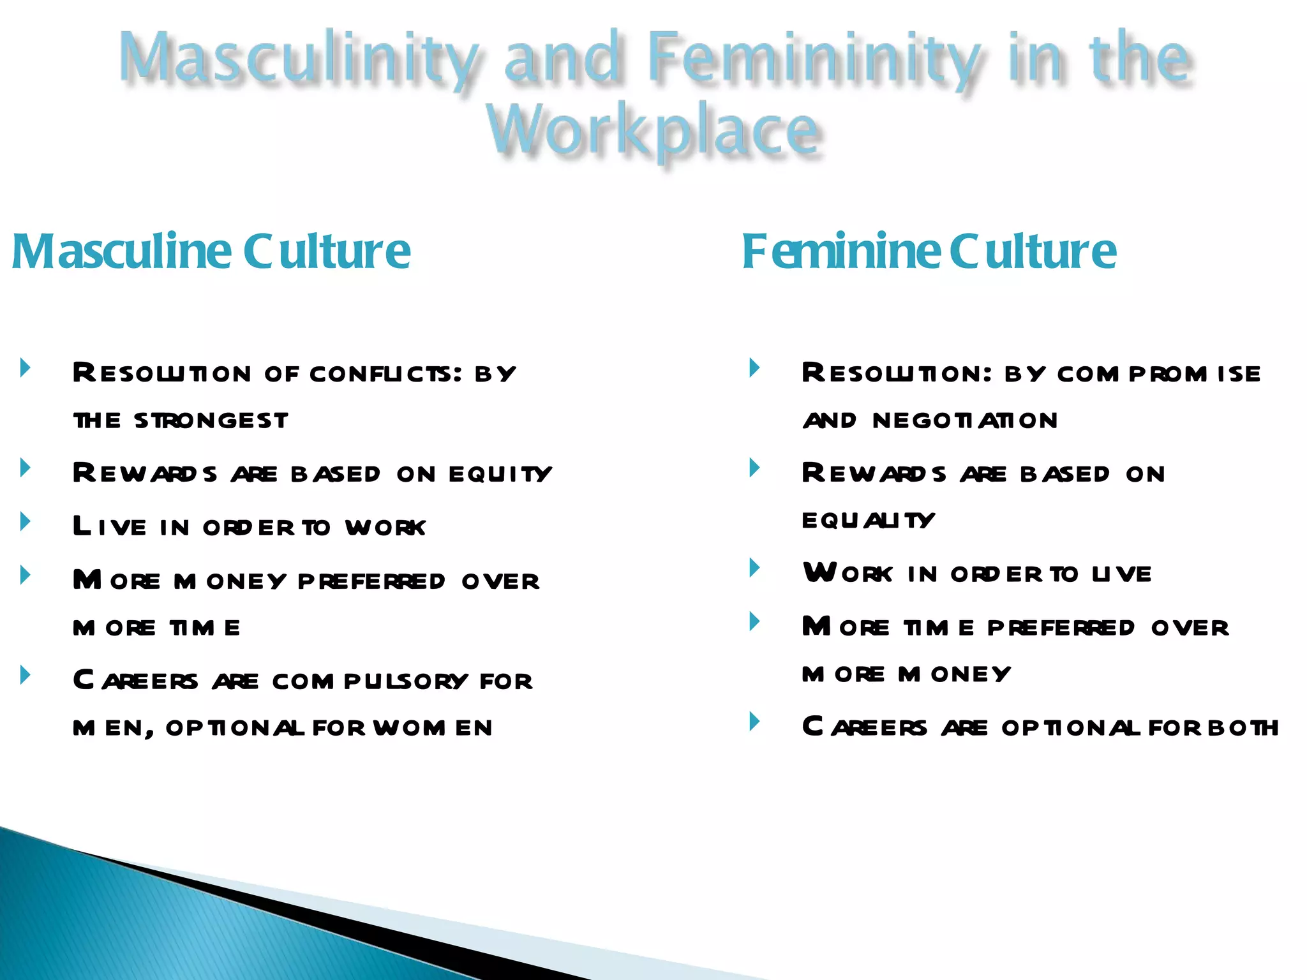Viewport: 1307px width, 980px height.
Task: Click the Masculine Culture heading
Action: pyautogui.click(x=211, y=251)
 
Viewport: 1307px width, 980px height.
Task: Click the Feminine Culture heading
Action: pyautogui.click(x=929, y=251)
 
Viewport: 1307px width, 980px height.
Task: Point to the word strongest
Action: pyautogui.click(x=211, y=421)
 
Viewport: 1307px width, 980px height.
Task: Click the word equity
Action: pyautogui.click(x=500, y=474)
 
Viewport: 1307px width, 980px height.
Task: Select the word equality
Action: pyautogui.click(x=868, y=521)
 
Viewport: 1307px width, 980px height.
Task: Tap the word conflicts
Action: pyautogui.click(x=385, y=374)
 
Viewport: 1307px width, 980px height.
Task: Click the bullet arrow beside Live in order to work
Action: pyautogui.click(x=26, y=522)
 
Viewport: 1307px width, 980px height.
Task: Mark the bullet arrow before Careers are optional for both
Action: pyautogui.click(x=755, y=722)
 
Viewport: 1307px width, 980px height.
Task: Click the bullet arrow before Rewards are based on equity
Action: pyautogui.click(x=26, y=468)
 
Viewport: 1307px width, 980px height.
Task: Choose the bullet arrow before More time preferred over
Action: pyautogui.click(x=755, y=621)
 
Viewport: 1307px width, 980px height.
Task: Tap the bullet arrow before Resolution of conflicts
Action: pyautogui.click(x=26, y=367)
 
